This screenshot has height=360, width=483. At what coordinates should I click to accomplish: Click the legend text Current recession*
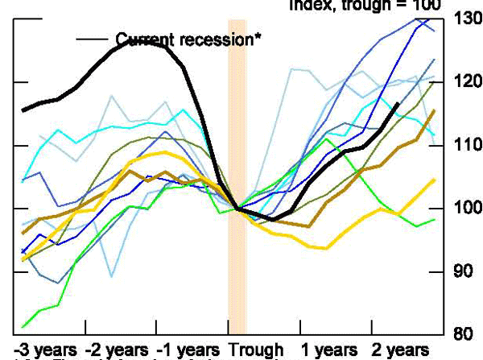[189, 39]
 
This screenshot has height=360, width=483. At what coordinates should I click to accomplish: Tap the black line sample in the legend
[93, 39]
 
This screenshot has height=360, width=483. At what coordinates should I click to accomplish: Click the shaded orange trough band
[237, 161]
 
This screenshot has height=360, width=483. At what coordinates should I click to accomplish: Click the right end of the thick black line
[398, 104]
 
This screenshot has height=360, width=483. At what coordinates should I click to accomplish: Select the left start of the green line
[23, 327]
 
